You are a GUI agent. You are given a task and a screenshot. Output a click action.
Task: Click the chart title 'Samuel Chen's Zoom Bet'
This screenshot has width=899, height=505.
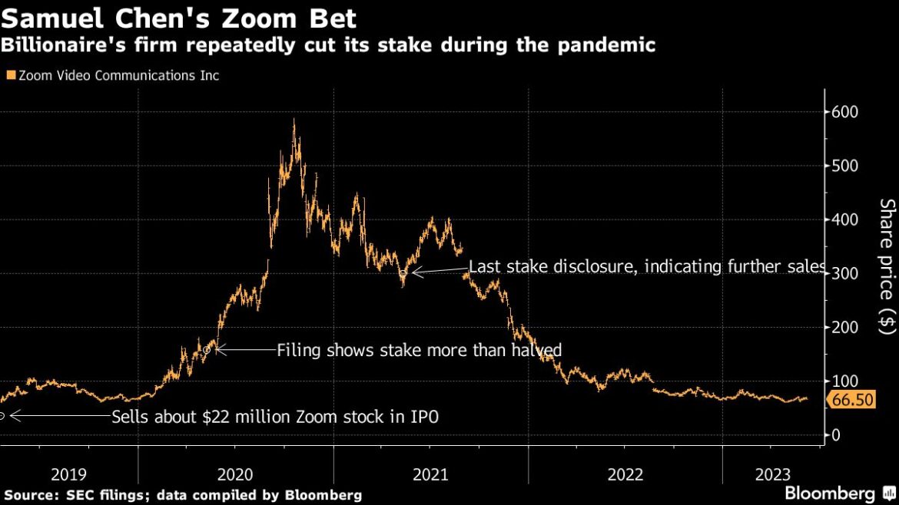(x=178, y=17)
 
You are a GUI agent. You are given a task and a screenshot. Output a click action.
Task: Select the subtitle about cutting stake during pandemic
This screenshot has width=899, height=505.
(x=328, y=45)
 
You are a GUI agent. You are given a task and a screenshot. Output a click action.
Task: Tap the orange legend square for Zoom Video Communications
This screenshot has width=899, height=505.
(x=10, y=76)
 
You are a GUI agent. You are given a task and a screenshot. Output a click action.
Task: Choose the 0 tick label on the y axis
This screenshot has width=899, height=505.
(x=836, y=435)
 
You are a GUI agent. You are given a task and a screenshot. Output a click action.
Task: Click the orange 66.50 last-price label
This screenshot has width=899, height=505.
(x=851, y=400)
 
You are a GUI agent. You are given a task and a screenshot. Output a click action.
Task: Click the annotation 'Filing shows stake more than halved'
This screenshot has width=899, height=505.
(x=419, y=350)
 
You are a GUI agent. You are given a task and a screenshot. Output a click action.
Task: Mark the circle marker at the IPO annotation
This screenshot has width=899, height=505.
(x=2, y=416)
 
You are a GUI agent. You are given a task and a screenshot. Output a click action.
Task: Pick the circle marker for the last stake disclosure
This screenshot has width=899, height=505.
(x=403, y=272)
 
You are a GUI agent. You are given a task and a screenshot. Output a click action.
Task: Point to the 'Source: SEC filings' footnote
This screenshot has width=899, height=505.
(x=183, y=496)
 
